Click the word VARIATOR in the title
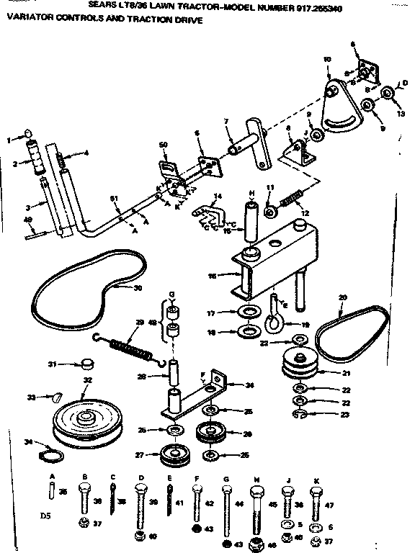28,21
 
